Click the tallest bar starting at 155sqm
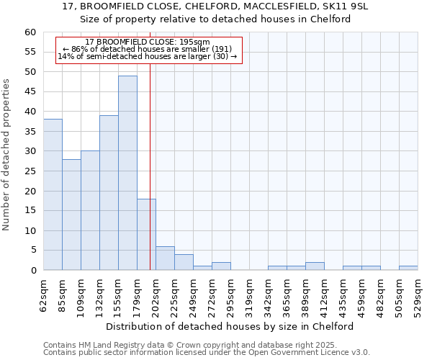[x=127, y=173]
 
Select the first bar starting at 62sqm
[x=53, y=194]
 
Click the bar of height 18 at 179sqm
[x=146, y=235]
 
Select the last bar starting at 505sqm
[x=408, y=268]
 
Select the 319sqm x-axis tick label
[x=249, y=295]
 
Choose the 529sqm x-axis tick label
[x=418, y=295]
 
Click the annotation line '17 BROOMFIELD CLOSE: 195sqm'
[x=147, y=42]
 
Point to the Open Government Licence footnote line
[x=207, y=353]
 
